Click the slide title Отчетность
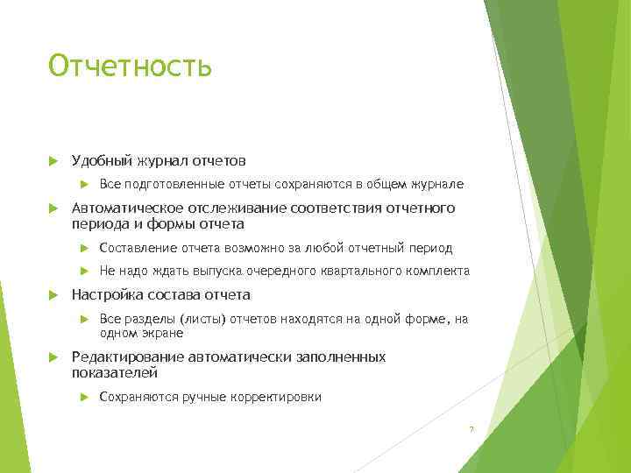[131, 66]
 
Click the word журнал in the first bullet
[163, 161]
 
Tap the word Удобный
[101, 161]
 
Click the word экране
[166, 332]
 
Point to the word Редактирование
[127, 357]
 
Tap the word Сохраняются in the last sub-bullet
[138, 397]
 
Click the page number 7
[471, 428]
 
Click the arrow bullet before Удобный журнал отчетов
[53, 161]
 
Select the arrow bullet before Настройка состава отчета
[53, 295]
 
